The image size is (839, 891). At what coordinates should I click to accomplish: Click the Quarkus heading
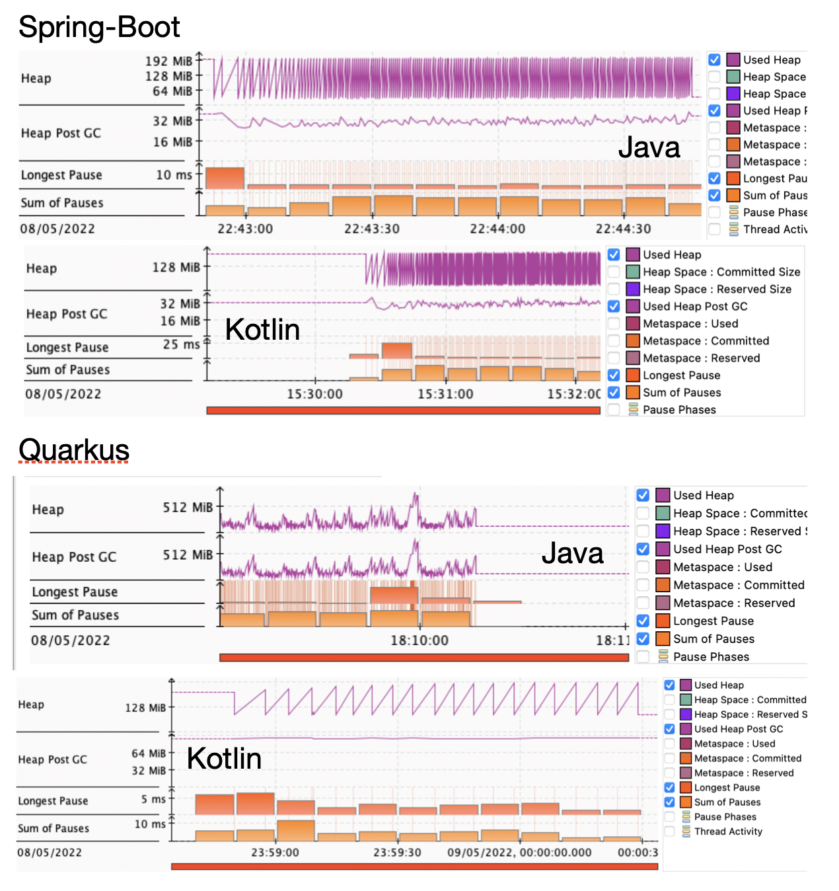click(74, 450)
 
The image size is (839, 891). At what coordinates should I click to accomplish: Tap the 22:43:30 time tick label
click(371, 229)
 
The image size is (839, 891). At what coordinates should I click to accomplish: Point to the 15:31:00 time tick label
click(445, 394)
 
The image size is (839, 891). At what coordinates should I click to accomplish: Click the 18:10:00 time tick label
click(419, 640)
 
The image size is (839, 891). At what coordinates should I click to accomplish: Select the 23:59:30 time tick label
click(397, 852)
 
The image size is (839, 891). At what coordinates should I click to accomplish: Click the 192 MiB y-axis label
click(168, 61)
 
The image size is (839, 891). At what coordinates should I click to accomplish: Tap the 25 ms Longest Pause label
click(181, 344)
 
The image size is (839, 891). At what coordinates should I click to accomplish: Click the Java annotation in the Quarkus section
click(572, 553)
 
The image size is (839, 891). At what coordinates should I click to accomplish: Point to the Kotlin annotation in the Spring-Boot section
click(262, 329)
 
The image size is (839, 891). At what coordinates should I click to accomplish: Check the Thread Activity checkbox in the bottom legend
click(669, 832)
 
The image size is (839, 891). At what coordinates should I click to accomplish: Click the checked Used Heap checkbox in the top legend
click(714, 59)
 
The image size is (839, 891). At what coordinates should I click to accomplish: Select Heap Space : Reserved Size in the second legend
click(717, 289)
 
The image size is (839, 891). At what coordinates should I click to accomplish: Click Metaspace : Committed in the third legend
click(739, 585)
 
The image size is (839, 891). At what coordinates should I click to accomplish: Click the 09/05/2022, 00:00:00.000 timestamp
click(519, 852)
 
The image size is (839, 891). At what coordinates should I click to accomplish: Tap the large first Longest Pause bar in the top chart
click(225, 178)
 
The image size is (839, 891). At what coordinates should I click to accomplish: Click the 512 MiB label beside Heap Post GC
click(188, 555)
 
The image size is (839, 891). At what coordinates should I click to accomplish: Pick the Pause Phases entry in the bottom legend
click(725, 817)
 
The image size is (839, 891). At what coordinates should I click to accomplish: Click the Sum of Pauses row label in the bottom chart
click(54, 828)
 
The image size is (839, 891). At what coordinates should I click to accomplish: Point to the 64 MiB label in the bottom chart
click(149, 754)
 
